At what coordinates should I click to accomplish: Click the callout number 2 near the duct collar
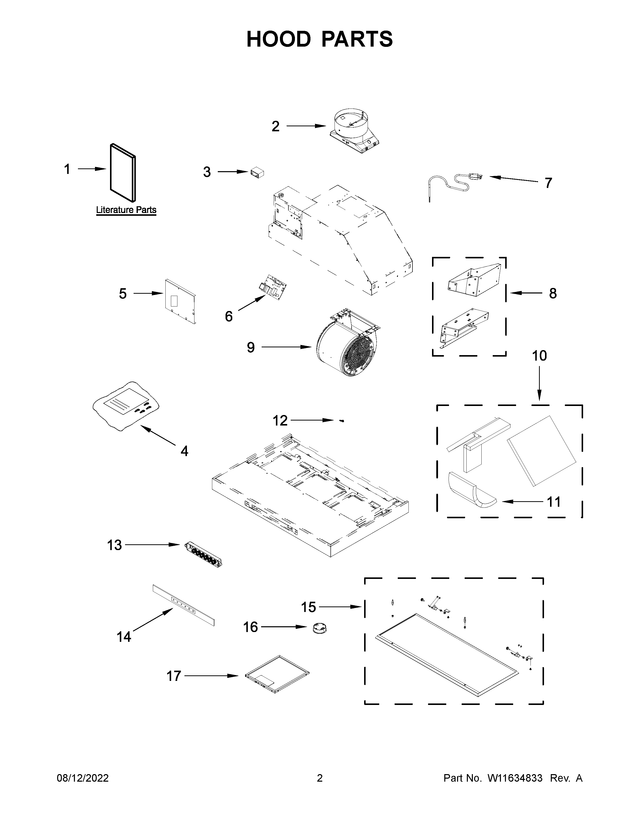coord(276,126)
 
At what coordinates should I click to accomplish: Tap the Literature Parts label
coord(126,210)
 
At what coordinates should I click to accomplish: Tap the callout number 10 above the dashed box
coord(540,356)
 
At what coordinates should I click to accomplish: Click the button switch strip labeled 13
coord(203,556)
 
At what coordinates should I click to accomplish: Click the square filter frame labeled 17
coord(277,674)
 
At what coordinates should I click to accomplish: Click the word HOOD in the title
coord(278,39)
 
